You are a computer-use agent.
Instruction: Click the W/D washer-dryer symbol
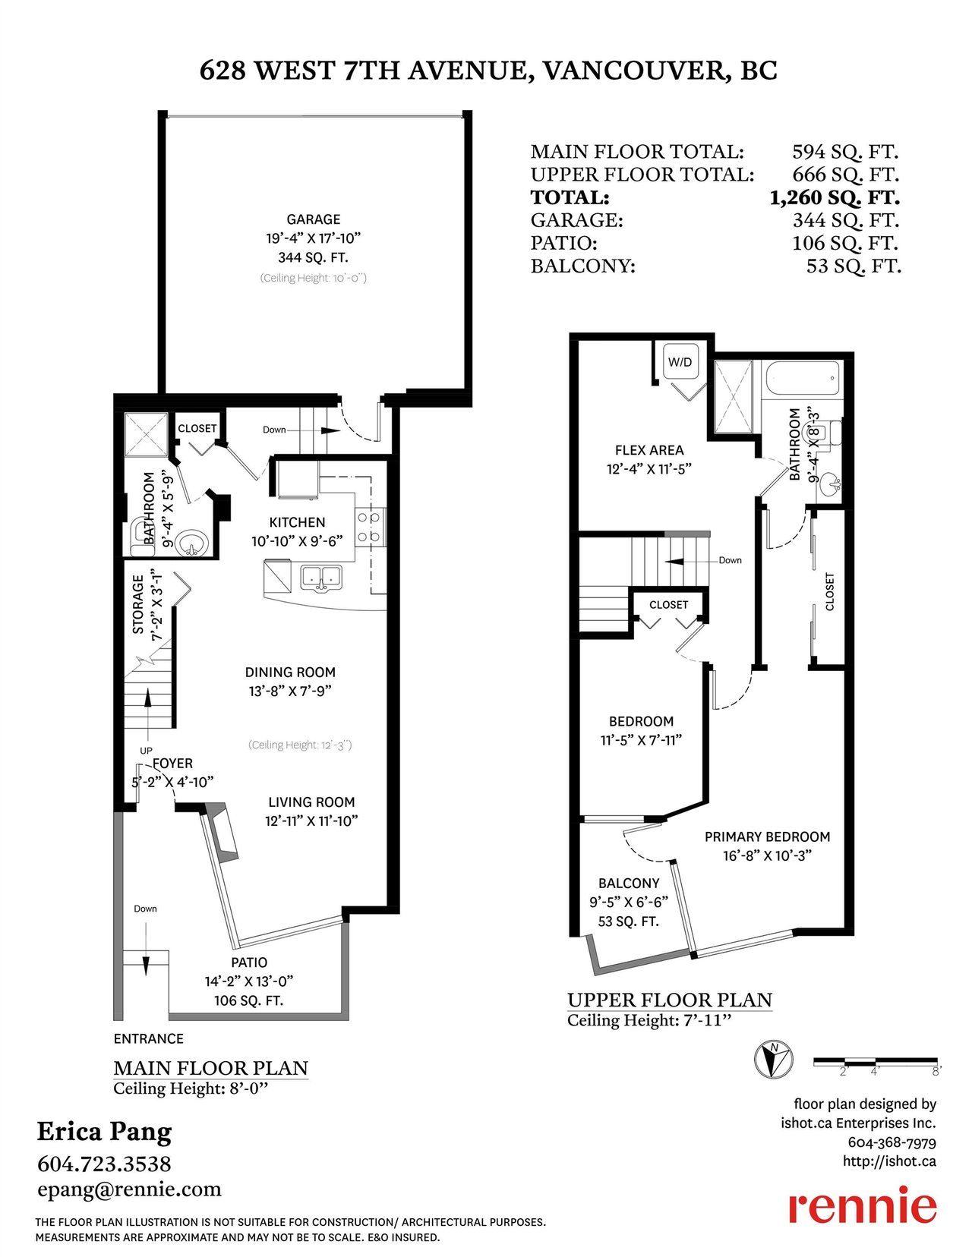click(680, 363)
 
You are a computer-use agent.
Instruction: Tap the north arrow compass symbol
click(774, 1059)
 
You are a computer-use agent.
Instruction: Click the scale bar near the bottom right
click(875, 1062)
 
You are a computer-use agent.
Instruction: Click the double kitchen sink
click(321, 578)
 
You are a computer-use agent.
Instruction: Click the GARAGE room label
click(314, 219)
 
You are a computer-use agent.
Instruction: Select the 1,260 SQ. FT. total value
click(835, 198)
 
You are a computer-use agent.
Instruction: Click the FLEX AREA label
click(649, 450)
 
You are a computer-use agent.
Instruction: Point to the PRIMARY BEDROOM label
click(767, 836)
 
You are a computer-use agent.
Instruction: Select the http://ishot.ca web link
click(889, 1161)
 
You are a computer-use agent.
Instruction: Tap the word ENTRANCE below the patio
click(149, 1039)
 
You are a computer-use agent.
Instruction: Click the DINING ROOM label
click(290, 673)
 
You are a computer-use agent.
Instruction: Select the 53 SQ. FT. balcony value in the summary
click(854, 266)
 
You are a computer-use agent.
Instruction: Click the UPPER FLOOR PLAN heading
click(670, 1000)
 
